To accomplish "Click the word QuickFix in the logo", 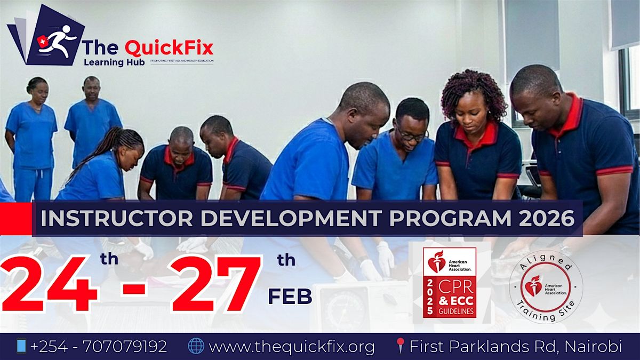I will pos(169,48).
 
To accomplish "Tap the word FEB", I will pos(290,297).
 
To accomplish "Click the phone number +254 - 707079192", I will pos(99,347).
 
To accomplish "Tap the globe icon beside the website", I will pos(196,347).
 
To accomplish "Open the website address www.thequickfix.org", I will pos(292,347).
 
